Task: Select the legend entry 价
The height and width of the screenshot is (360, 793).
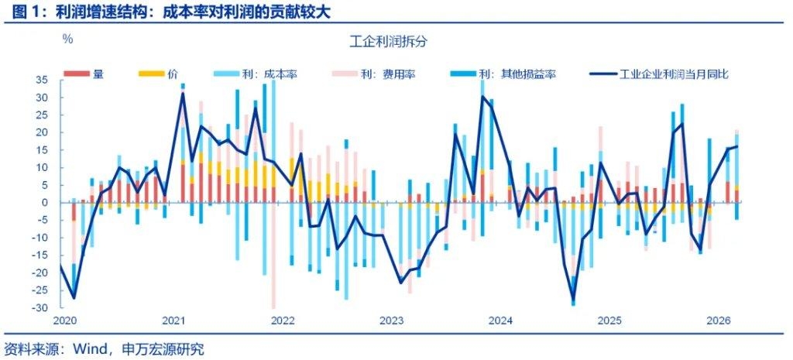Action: click(x=172, y=74)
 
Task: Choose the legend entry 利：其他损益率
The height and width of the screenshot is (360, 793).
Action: click(x=517, y=74)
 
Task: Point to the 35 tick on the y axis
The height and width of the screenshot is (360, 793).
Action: click(x=43, y=80)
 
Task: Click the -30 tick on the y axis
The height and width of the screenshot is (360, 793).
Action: click(x=42, y=307)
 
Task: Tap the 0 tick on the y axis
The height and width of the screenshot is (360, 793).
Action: click(x=46, y=202)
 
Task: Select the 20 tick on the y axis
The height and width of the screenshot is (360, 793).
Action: click(x=43, y=132)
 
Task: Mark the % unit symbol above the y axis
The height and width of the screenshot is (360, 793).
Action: click(x=67, y=38)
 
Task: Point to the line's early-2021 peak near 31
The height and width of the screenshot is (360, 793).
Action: click(x=183, y=93)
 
